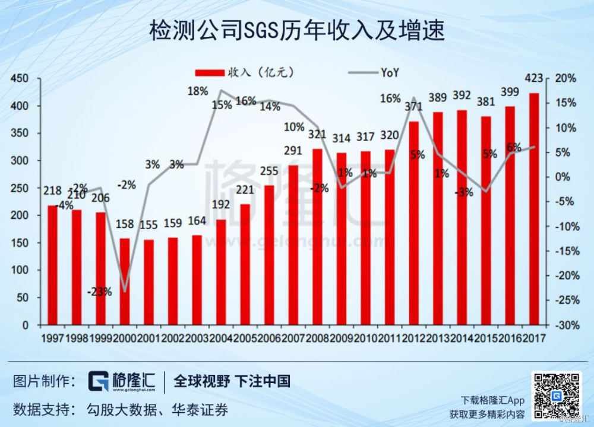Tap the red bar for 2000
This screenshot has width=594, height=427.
pyautogui.click(x=125, y=282)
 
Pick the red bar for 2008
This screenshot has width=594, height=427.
pyautogui.click(x=317, y=237)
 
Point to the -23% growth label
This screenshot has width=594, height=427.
pyautogui.click(x=99, y=292)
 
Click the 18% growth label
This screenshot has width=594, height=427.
pyautogui.click(x=197, y=91)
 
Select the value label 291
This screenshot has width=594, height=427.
pyautogui.click(x=293, y=151)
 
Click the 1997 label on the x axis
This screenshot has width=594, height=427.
pyautogui.click(x=52, y=339)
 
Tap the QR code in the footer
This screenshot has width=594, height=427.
pyautogui.click(x=557, y=394)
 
